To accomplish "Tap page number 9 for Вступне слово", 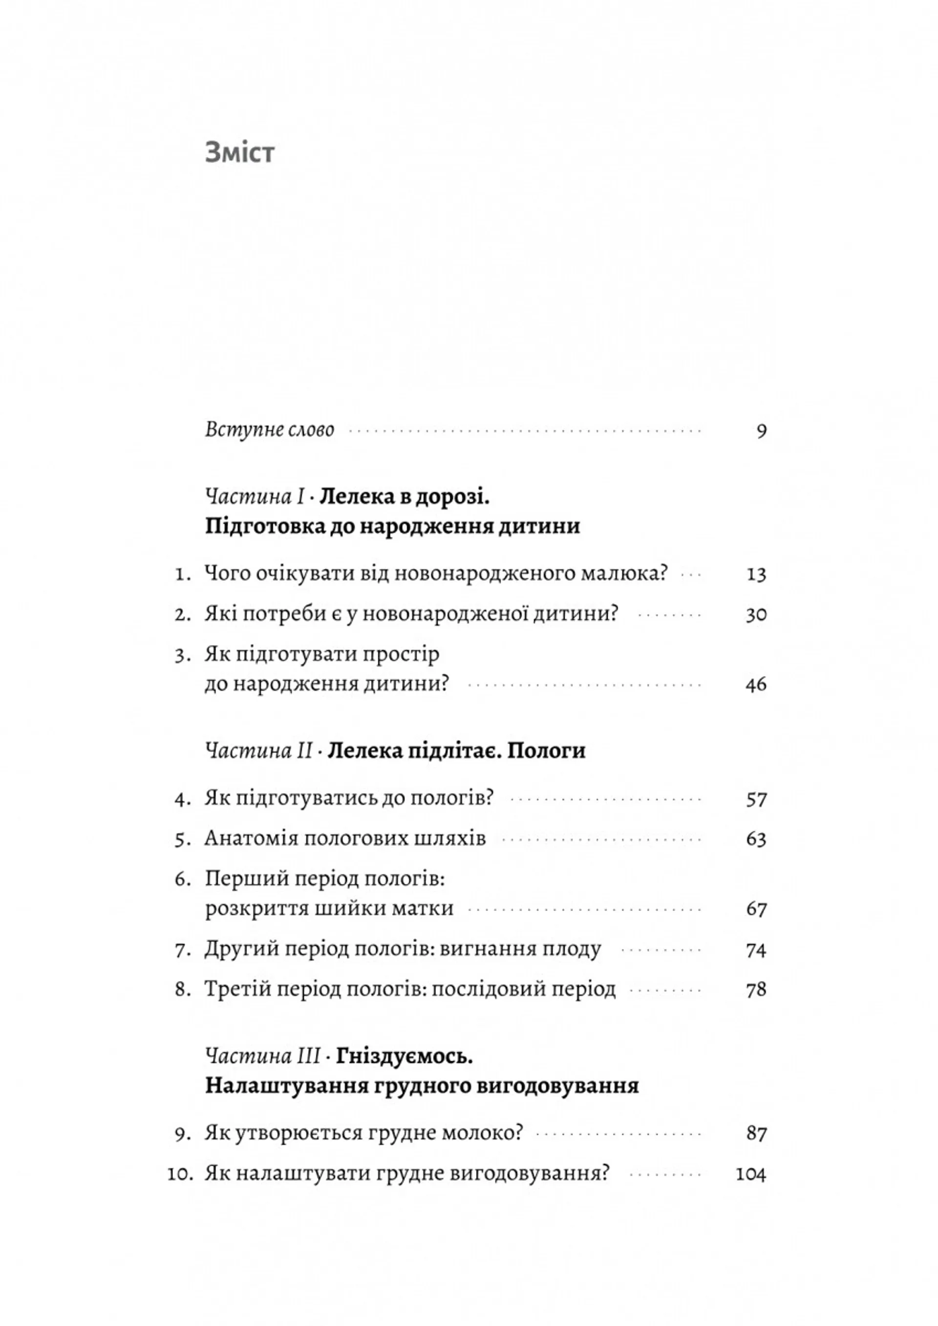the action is (761, 431).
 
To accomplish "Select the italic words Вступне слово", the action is (269, 429).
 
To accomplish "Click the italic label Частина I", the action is (255, 497).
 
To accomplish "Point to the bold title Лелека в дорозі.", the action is (405, 497).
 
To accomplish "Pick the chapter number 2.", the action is (182, 614).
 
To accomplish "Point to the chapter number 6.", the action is (182, 879).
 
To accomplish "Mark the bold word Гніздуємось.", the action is (405, 1056).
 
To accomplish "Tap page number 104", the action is (751, 1174).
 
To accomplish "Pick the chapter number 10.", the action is (179, 1174).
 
